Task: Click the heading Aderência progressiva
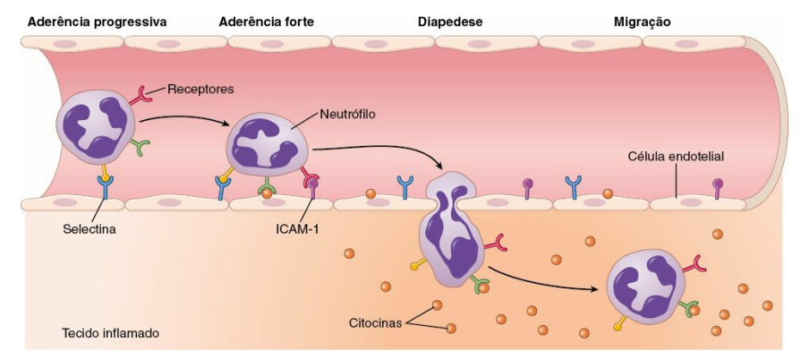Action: [x=97, y=22]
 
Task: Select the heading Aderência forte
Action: [x=266, y=22]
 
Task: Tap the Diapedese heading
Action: [x=450, y=22]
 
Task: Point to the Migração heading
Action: [x=642, y=22]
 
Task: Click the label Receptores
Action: [x=200, y=90]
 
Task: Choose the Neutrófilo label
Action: [x=347, y=114]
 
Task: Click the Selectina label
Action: [x=89, y=229]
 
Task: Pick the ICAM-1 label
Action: [x=297, y=229]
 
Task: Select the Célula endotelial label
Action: [x=676, y=158]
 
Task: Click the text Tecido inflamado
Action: [x=110, y=333]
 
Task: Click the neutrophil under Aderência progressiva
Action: [x=96, y=126]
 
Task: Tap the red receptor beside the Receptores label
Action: [x=140, y=94]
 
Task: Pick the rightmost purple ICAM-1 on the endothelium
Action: [x=718, y=188]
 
